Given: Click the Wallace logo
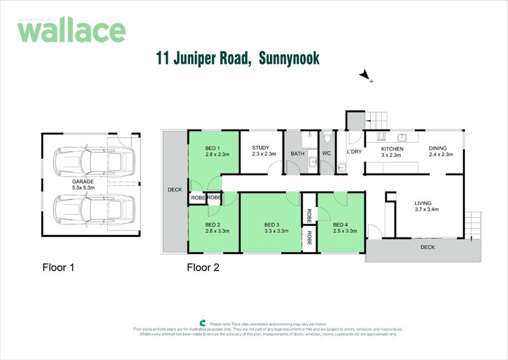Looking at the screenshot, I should pos(71,30).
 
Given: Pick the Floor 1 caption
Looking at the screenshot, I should pos(58,267).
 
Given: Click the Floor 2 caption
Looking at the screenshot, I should pos(203,267).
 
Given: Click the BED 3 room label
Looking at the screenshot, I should pos(276,227).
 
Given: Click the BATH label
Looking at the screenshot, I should pos(297,154).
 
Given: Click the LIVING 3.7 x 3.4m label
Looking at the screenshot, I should pos(427,205).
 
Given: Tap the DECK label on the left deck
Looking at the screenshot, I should pos(175,189).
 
